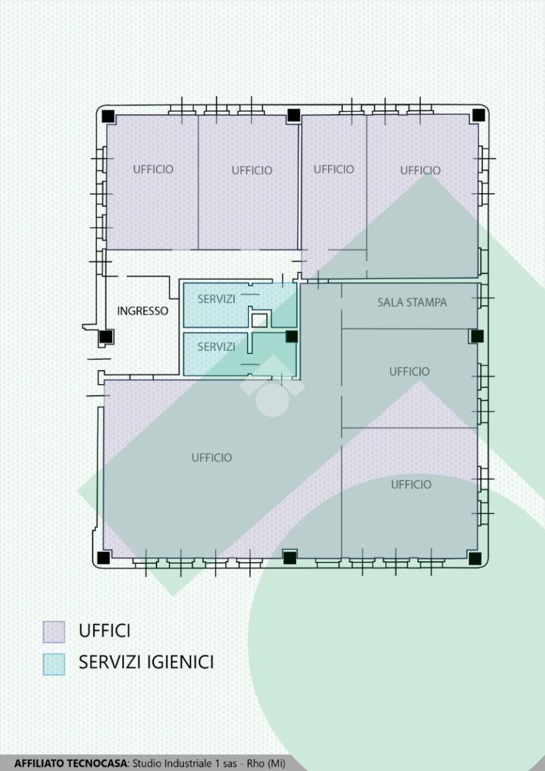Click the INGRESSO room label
(x=142, y=311)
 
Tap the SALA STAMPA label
(x=412, y=303)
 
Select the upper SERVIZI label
(x=216, y=299)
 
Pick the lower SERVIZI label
(x=216, y=347)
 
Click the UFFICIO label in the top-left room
(x=153, y=169)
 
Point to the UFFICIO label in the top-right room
(x=420, y=170)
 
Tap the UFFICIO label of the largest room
(x=212, y=458)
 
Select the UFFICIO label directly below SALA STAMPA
(x=410, y=371)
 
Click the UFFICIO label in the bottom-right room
(x=411, y=485)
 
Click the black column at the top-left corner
(x=108, y=116)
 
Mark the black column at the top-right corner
(x=479, y=115)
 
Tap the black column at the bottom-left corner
(x=104, y=558)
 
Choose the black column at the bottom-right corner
(x=475, y=559)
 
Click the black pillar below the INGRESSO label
(x=106, y=337)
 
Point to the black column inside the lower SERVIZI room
(x=292, y=336)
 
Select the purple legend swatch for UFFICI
(x=53, y=632)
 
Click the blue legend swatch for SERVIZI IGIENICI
(x=53, y=664)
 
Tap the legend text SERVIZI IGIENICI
(x=146, y=662)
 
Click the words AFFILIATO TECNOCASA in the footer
(x=71, y=764)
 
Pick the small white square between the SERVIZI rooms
(x=259, y=321)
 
